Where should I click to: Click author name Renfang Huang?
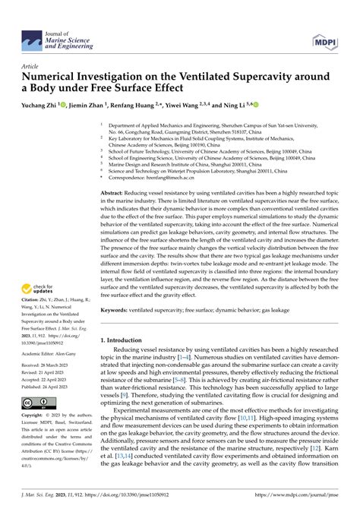142,105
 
